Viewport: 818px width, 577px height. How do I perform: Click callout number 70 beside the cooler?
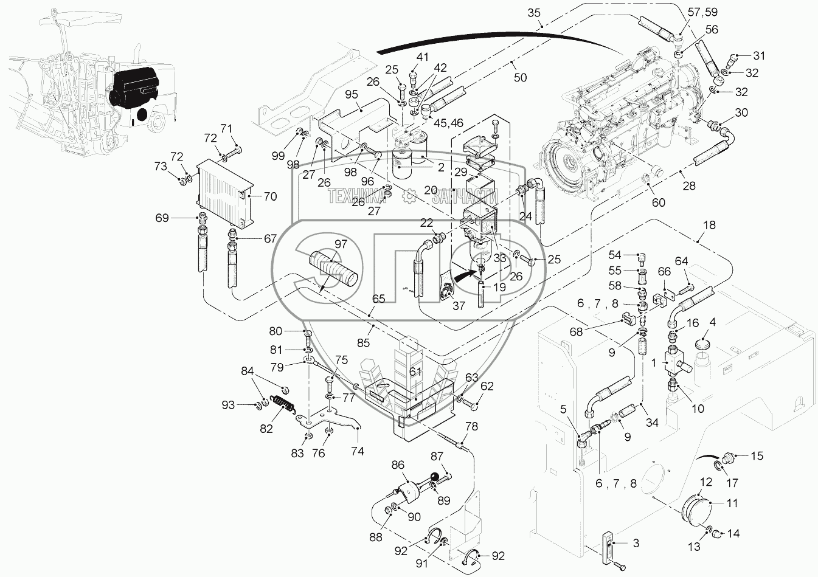270,196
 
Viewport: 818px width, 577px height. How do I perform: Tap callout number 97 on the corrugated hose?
341,244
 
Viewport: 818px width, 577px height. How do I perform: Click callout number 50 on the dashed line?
520,77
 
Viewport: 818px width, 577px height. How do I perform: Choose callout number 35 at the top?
534,13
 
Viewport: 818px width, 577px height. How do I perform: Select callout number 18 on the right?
709,225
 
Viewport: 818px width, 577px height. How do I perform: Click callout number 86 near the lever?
398,465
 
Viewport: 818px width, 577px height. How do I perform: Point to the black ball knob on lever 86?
435,476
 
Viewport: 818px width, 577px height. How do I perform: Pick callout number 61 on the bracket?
415,371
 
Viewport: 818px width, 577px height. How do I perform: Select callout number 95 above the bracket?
352,95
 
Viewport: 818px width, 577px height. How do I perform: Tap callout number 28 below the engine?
689,186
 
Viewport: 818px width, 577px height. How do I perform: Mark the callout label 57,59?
702,12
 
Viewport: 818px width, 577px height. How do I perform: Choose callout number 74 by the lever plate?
358,451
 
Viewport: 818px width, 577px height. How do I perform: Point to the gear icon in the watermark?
410,196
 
